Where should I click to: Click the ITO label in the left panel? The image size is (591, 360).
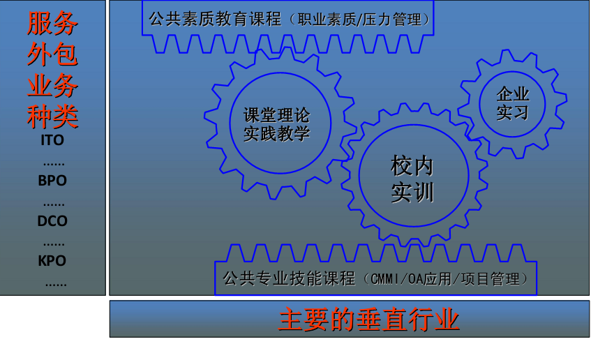[x=52, y=140]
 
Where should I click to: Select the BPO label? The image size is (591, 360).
[x=52, y=181]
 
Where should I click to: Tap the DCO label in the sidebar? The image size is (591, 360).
[x=52, y=221]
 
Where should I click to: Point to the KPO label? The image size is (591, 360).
[x=52, y=261]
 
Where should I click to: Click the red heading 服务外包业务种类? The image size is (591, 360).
[x=52, y=70]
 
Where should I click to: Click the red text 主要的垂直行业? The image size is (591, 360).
[x=368, y=320]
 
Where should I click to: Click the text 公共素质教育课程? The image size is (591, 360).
[x=215, y=20]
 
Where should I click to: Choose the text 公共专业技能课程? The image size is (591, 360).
[x=289, y=279]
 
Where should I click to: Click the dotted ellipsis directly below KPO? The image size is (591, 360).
[x=56, y=285]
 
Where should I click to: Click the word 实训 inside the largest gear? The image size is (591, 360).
[x=412, y=193]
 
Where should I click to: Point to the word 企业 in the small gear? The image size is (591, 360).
[x=513, y=94]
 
